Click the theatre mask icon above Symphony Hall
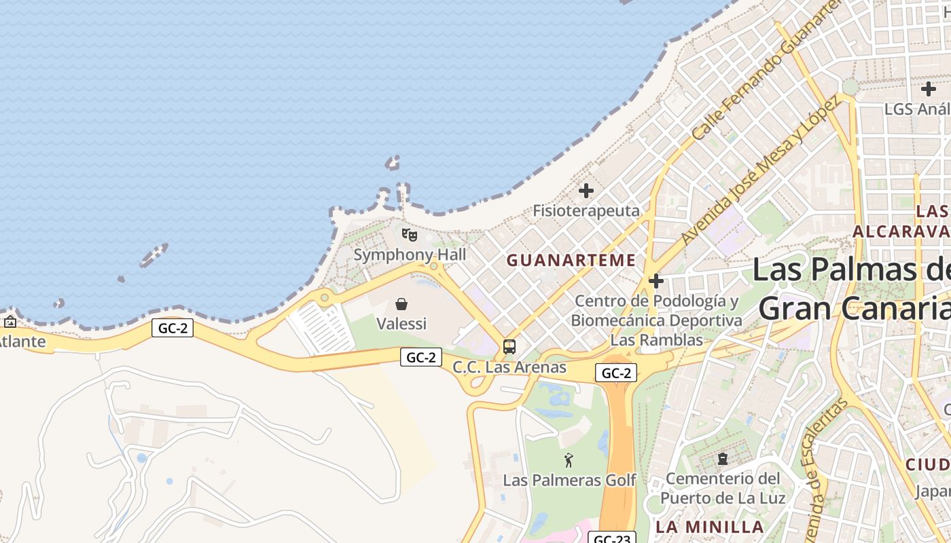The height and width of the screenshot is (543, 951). [x=409, y=235]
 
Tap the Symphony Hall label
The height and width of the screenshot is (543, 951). [x=410, y=255]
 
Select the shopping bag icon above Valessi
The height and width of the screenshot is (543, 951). [x=401, y=304]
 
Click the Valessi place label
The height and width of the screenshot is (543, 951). [x=401, y=324]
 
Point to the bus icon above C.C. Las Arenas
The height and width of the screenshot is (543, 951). [x=509, y=347]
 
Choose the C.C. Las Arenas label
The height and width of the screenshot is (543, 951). [x=509, y=367]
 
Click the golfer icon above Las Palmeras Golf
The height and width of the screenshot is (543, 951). [x=569, y=460]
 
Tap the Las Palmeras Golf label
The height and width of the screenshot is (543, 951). [x=569, y=481]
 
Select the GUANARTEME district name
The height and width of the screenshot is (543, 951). [x=571, y=260]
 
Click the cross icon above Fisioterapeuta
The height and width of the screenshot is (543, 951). [x=586, y=191]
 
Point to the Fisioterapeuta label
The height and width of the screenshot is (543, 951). [x=586, y=211]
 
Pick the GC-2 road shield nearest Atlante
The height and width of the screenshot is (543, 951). [x=173, y=329]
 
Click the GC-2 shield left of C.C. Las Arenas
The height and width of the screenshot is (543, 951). [x=421, y=357]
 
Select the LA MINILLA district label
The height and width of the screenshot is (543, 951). [x=709, y=527]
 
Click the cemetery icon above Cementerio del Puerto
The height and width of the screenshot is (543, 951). [x=722, y=460]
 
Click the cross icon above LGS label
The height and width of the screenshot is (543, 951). [x=928, y=89]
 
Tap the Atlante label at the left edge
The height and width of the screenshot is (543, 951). [x=22, y=341]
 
